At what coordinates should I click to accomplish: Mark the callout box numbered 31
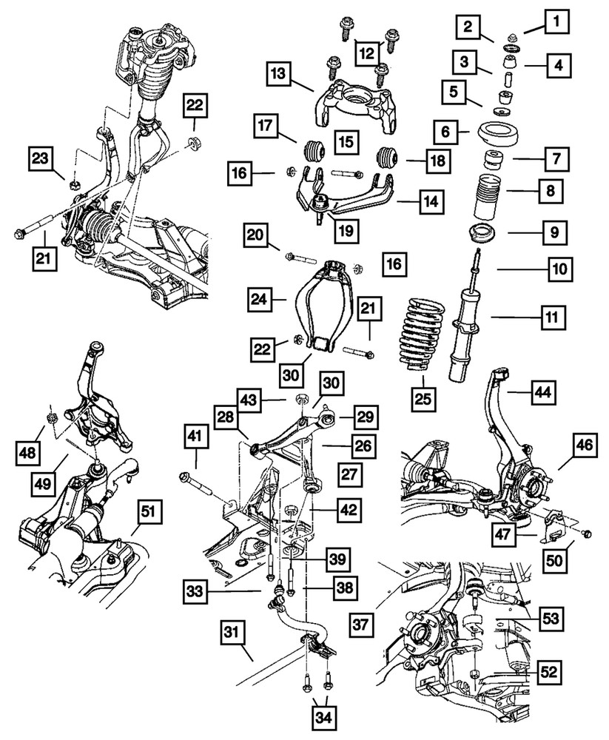pyautogui.click(x=232, y=633)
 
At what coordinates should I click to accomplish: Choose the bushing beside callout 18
pyautogui.click(x=388, y=157)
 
